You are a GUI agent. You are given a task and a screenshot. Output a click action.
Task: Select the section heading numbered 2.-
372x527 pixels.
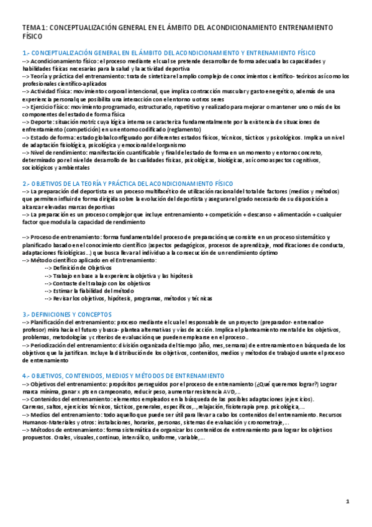127,183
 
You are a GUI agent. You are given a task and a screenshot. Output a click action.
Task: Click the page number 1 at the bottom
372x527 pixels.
347,502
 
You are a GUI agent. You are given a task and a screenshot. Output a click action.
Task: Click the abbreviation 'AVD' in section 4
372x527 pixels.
227,392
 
